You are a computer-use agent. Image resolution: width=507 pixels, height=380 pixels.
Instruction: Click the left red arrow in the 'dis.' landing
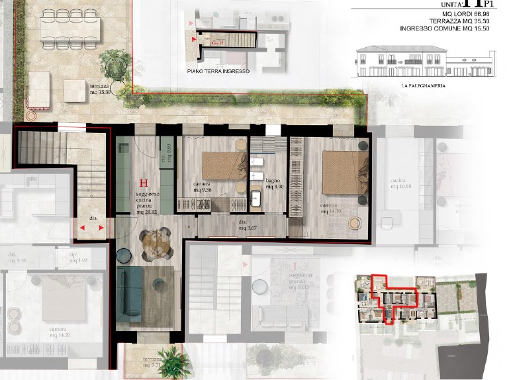82,228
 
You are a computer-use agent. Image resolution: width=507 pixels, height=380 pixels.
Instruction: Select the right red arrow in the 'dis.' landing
101,228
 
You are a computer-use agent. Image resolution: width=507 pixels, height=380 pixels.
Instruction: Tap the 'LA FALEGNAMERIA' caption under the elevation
422,86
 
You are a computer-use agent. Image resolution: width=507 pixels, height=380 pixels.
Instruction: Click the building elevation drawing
423,63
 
